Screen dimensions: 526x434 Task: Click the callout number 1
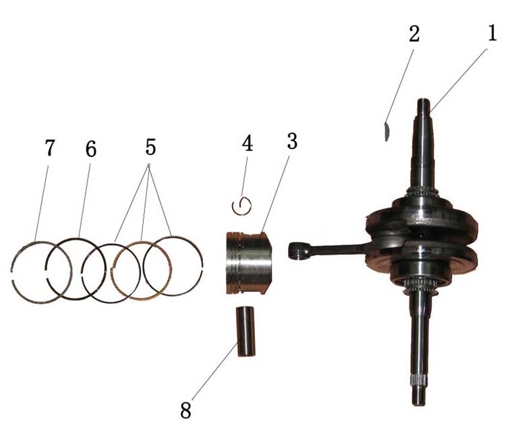(492, 34)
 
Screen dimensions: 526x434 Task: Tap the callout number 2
(414, 34)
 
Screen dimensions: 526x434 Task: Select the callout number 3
(292, 141)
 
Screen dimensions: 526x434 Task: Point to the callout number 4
(247, 143)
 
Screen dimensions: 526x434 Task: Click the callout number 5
(150, 147)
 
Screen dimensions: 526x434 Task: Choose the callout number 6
(90, 149)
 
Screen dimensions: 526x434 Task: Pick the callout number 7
(49, 148)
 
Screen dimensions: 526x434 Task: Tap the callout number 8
(185, 410)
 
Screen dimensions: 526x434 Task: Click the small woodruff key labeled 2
(386, 131)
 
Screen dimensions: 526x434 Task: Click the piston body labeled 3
(248, 263)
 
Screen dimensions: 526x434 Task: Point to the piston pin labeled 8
(246, 331)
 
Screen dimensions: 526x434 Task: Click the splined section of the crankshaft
(418, 380)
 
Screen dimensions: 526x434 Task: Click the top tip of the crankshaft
(423, 100)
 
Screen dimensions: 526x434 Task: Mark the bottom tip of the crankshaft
(418, 404)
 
